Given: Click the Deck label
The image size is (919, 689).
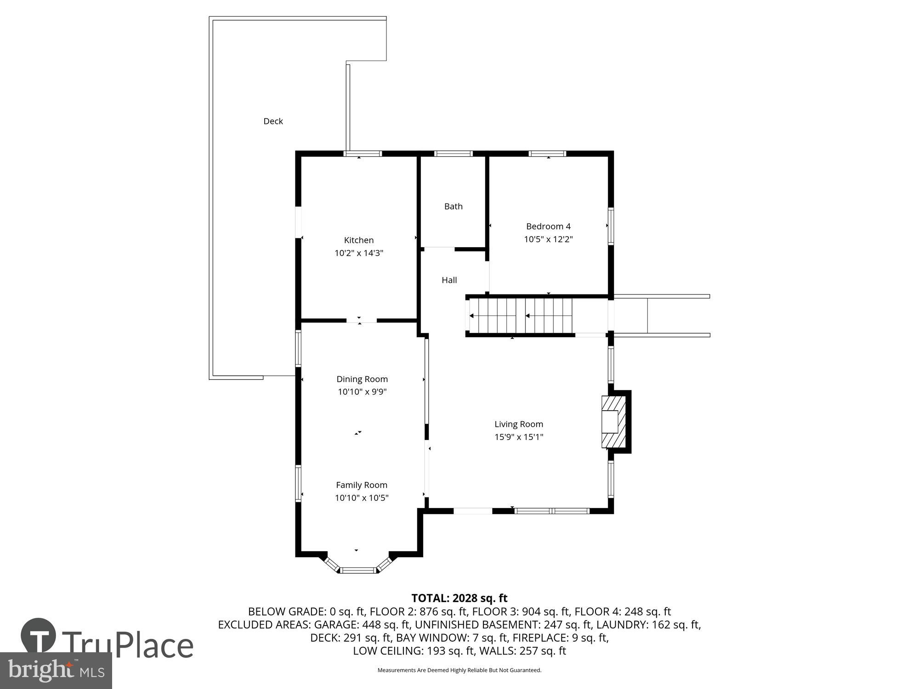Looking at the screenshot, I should coord(273,121).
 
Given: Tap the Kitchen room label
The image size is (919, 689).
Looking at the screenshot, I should coord(359,240).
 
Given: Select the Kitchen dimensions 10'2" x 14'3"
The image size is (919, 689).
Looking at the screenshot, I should coord(359,253).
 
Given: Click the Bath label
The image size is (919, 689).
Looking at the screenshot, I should coord(453,207).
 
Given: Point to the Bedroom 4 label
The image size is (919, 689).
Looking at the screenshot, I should coord(548,226).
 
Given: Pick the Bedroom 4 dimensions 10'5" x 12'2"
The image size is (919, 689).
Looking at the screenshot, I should coord(548,239).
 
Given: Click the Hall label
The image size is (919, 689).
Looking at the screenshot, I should coord(449,280).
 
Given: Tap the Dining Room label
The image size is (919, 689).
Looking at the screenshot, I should coord(362,379).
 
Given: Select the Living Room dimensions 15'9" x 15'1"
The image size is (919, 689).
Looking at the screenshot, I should coord(519,437).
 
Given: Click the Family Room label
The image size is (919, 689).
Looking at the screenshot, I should coord(362,485).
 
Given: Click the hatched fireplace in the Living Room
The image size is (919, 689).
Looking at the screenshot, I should coord(614,422).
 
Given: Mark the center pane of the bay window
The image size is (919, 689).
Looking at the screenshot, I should coord(358,570).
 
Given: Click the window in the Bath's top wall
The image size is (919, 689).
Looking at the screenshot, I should coord(453,154).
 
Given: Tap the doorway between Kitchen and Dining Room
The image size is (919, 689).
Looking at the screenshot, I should coord(361,321).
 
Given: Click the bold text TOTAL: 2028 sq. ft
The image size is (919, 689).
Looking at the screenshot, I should coord(459,598).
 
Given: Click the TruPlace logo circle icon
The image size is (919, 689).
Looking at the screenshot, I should coord(39,636).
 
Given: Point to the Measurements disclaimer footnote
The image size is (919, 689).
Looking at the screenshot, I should coord(459,670).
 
